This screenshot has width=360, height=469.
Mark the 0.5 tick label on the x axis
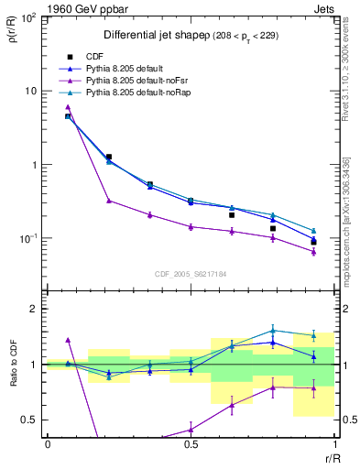coord(191,444)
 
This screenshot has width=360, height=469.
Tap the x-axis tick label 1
coord(334,444)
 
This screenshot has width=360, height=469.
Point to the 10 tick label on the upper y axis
coord(31,91)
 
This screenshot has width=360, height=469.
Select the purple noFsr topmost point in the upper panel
coord(68,107)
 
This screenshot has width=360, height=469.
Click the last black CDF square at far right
coord(313,243)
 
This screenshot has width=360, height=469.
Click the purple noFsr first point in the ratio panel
coord(68,340)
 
